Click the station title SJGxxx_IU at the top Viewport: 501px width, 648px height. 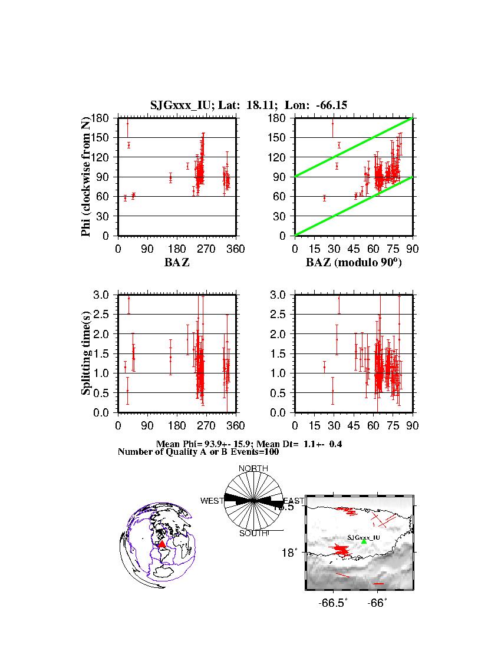[x=174, y=105]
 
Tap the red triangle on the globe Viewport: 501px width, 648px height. [x=162, y=544]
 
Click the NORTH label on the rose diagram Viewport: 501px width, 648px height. [x=253, y=468]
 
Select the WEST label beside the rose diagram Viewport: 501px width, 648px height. [x=212, y=501]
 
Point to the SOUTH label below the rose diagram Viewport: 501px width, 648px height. [x=253, y=533]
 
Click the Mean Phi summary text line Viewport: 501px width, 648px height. [x=248, y=444]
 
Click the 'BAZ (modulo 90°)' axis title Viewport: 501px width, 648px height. [x=354, y=263]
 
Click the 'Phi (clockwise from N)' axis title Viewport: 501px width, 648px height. [x=86, y=177]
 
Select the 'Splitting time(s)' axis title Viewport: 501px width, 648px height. [x=86, y=353]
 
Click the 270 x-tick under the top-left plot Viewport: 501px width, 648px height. [x=206, y=249]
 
